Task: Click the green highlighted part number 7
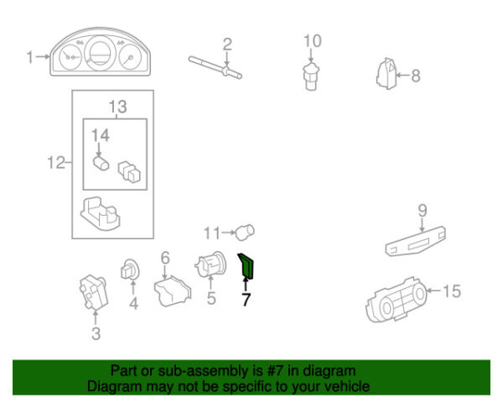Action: (x=246, y=266)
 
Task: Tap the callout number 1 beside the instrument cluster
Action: (x=30, y=57)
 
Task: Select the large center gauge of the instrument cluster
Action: (x=100, y=53)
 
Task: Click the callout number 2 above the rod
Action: (x=227, y=44)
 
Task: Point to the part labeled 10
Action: (x=311, y=76)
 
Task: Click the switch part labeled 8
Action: (x=386, y=74)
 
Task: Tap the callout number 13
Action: (x=117, y=107)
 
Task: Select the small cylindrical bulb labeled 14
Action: (x=101, y=163)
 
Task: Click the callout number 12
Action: (x=56, y=163)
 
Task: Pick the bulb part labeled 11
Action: (x=246, y=232)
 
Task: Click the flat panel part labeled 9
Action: (x=416, y=241)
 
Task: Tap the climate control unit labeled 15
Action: (x=397, y=300)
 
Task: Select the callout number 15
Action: (x=452, y=291)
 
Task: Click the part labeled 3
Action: (x=94, y=292)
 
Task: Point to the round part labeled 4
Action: (x=130, y=270)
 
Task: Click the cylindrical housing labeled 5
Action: (x=210, y=264)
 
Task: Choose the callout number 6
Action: (x=165, y=258)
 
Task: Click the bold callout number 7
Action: (x=246, y=300)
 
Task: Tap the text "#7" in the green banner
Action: (x=275, y=371)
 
